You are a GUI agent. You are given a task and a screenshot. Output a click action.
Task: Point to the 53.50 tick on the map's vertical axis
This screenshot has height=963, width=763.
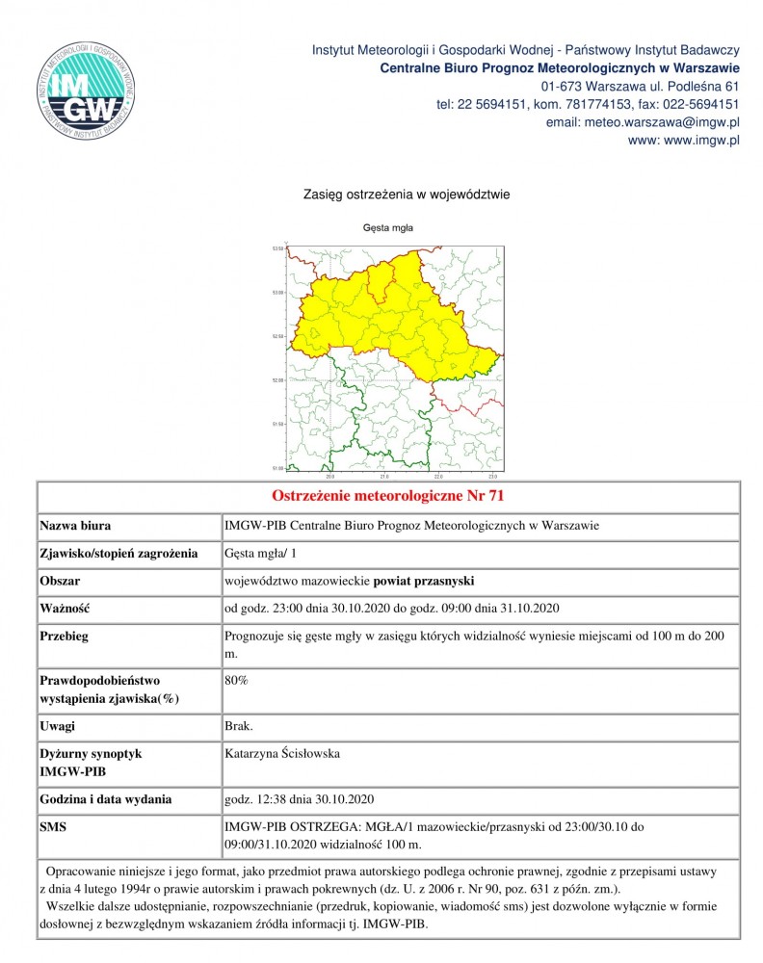click(x=278, y=247)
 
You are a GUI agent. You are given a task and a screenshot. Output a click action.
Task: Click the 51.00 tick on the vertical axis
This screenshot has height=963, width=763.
click(x=278, y=468)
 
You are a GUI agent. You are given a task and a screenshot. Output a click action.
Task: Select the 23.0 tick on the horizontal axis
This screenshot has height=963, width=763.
click(x=493, y=476)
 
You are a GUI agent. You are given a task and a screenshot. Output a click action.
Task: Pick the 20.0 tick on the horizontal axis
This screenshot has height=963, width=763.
click(x=330, y=476)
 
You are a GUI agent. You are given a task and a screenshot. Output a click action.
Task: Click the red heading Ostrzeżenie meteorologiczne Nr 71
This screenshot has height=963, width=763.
click(x=388, y=497)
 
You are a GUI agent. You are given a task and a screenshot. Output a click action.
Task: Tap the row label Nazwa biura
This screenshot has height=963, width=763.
click(x=75, y=527)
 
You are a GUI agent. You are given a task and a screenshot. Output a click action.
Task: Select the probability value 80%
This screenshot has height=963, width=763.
click(x=236, y=681)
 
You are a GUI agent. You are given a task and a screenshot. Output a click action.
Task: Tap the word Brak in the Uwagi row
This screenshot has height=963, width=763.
click(x=238, y=726)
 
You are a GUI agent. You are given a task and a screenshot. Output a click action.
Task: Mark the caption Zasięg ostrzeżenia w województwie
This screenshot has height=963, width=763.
click(x=406, y=195)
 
